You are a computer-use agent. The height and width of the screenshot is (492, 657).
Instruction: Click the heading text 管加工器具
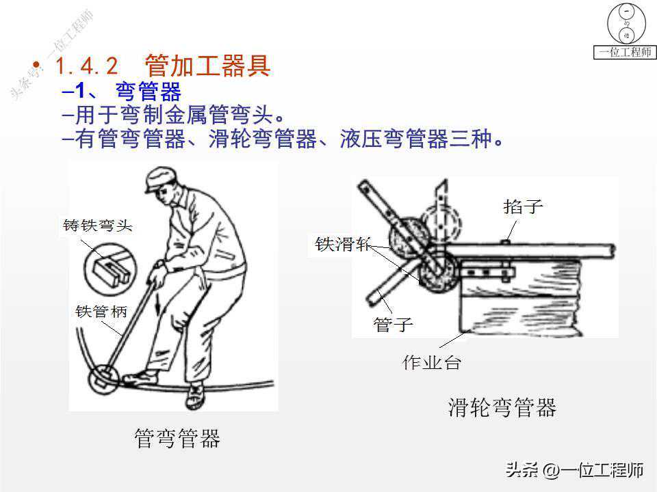coord(207,66)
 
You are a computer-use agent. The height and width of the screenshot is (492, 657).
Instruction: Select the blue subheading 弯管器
coord(149,91)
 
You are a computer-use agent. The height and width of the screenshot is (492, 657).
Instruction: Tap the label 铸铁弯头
coord(98,225)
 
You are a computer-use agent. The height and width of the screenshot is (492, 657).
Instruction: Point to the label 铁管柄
coord(101,312)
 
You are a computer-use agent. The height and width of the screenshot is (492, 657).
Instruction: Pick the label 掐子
coord(523,206)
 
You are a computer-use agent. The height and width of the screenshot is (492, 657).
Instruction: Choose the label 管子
coord(393,324)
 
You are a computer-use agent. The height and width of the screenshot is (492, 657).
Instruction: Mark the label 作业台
coord(432,362)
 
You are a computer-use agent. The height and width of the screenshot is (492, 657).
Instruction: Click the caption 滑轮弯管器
coord(502,407)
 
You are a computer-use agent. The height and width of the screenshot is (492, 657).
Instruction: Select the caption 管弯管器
coord(177,438)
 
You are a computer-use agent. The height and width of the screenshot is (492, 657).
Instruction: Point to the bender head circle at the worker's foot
coord(103,379)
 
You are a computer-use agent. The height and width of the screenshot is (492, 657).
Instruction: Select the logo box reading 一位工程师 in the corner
coord(625,53)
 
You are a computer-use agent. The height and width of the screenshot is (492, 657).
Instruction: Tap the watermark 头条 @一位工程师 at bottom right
coord(574,470)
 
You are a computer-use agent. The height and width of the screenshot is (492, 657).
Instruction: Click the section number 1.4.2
coord(87,66)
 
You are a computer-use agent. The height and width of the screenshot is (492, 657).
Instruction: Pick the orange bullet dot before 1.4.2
coord(36,65)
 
